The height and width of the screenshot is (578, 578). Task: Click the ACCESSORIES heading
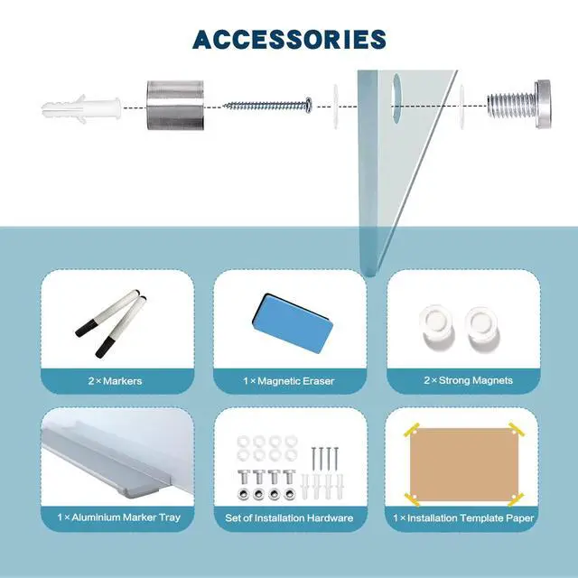289,40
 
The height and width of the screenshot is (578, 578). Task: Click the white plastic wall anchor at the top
81,108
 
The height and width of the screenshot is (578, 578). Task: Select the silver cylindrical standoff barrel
175,105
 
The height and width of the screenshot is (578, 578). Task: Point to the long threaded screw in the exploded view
268,106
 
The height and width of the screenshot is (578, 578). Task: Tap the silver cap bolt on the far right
519,104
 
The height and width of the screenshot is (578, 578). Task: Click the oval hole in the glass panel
397,98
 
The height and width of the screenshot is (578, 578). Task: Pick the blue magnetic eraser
293,323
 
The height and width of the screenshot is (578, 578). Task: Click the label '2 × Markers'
115,381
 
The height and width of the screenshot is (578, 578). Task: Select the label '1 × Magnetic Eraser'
289,381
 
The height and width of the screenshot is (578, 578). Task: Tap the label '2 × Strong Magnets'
468,380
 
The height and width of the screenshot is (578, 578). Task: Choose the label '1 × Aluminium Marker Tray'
118,517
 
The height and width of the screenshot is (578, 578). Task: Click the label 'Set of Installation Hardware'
289,517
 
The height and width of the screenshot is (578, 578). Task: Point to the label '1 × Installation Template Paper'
463,517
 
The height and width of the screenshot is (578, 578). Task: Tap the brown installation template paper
463,464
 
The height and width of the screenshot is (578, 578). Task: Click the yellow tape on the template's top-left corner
412,430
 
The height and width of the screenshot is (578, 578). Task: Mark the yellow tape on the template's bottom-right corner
516,499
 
